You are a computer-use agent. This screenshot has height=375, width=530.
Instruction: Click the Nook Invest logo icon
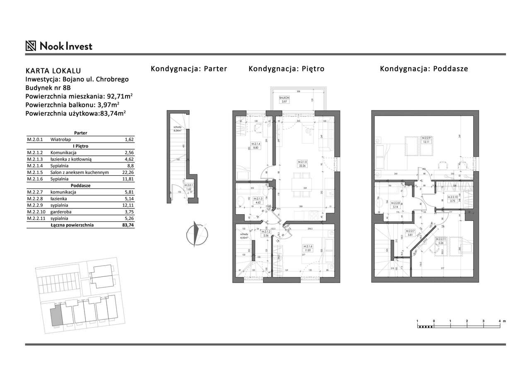point(31,46)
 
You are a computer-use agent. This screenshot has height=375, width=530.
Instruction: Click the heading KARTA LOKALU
point(53,71)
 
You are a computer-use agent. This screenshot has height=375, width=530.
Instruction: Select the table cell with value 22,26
point(129,172)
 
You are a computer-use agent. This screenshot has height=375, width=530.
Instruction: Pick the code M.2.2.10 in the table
point(35,212)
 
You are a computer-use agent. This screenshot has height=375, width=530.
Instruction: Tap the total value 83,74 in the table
point(129,225)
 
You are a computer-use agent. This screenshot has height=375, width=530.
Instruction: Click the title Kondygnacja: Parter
point(189,69)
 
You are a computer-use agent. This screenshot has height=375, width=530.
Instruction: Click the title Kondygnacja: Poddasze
point(424,69)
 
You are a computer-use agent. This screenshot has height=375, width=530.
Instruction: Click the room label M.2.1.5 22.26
point(305,164)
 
